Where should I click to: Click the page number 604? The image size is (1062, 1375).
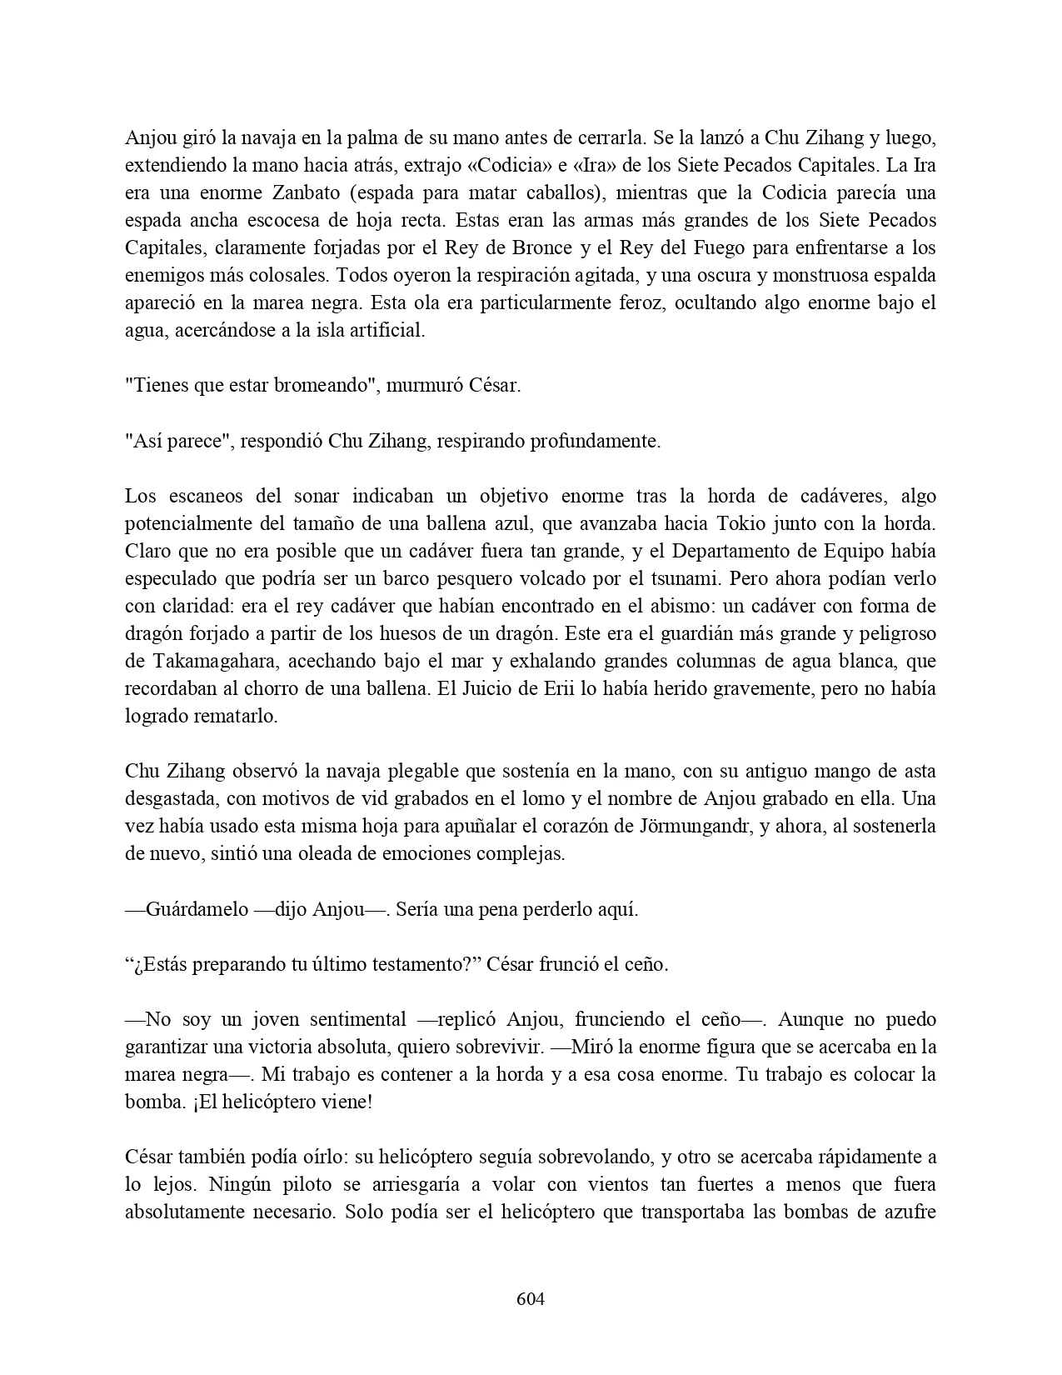pos(531,1298)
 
